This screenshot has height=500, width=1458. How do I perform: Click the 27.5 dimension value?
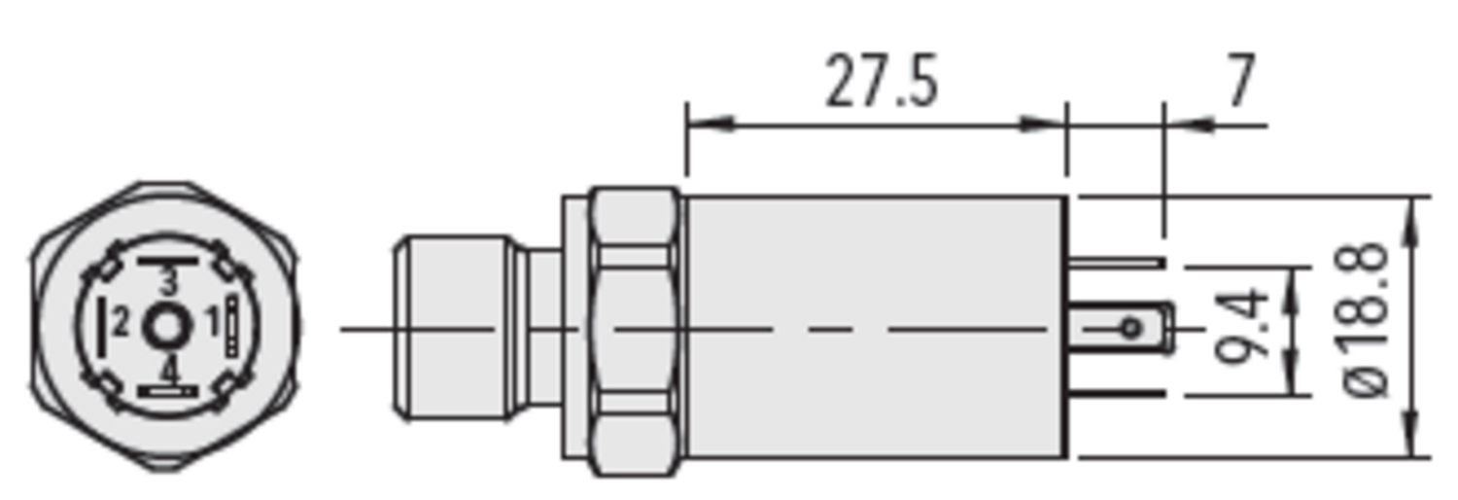coord(882,82)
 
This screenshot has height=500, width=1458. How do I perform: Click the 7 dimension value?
coord(1239,82)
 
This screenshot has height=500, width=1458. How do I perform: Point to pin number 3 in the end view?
coord(168,283)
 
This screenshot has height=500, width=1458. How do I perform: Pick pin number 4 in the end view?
coord(169,370)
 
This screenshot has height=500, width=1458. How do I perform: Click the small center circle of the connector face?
coord(167,328)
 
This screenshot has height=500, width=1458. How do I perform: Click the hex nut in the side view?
coord(634,331)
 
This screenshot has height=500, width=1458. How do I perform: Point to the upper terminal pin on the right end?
coord(1118,262)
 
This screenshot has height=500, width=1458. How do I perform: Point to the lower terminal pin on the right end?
coord(1118,394)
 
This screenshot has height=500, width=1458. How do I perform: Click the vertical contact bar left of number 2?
coord(101,328)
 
